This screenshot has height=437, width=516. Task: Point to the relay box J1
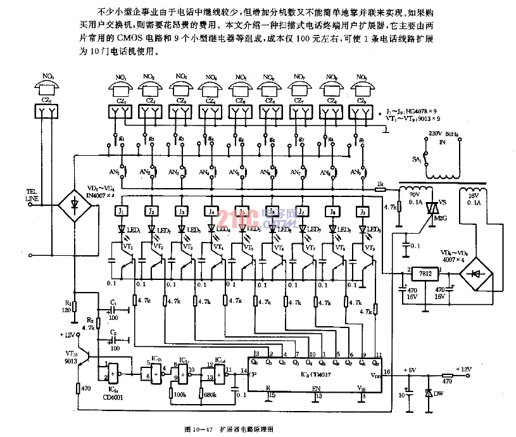pos(123,211)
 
